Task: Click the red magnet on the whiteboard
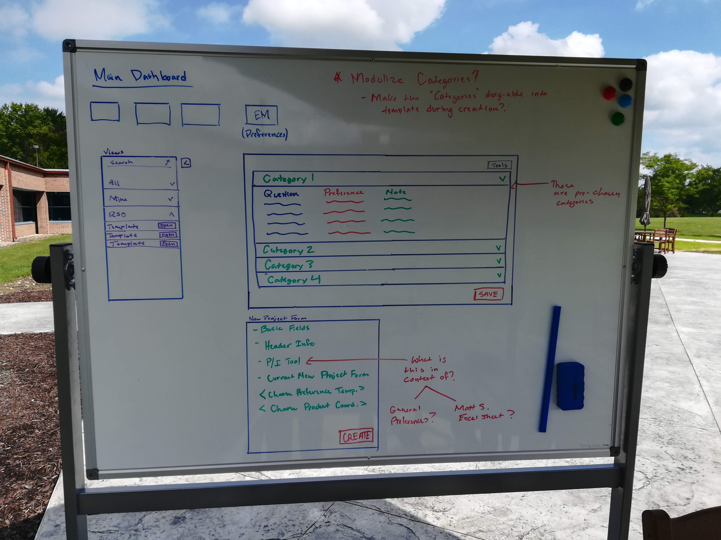pos(609,93)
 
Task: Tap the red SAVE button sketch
pos(488,294)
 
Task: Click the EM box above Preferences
pos(261,115)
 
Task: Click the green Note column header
pos(396,192)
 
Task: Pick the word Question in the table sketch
pos(281,194)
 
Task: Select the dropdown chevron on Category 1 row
pos(502,178)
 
